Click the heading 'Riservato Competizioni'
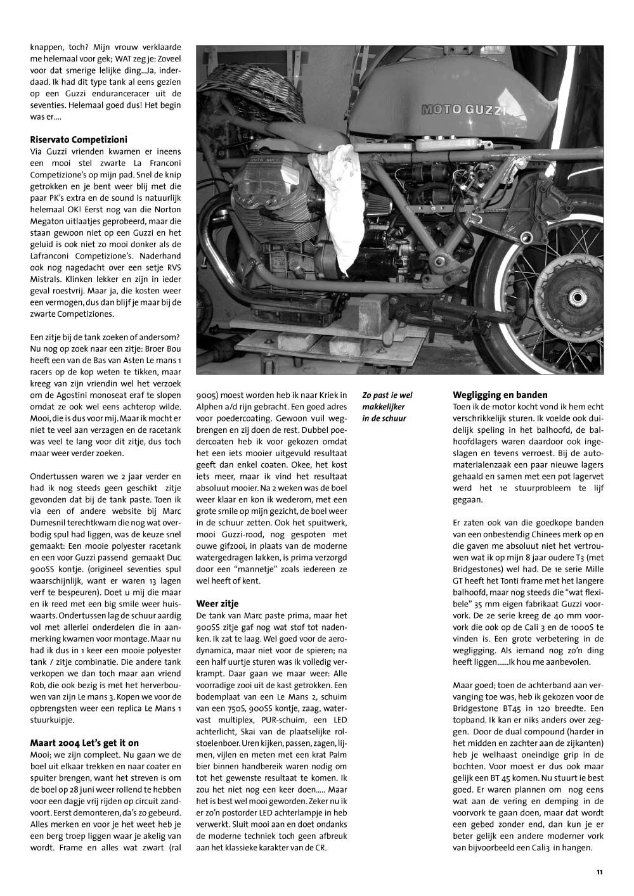[79, 139]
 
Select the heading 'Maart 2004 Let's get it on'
[84, 743]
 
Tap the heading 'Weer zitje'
[217, 603]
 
